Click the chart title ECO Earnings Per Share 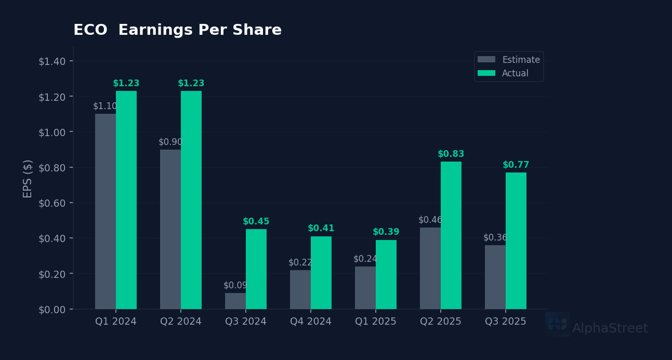pos(177,31)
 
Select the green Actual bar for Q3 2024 pos(256,269)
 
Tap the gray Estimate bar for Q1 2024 pos(106,211)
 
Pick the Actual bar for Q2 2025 pos(451,235)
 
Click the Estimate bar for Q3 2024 pos(235,301)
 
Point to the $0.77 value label pos(516,165)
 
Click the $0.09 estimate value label pos(235,285)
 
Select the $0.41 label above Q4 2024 pos(321,229)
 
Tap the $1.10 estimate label pos(105,106)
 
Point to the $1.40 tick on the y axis pos(52,61)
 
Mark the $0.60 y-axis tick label pos(52,203)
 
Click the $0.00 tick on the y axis pos(52,310)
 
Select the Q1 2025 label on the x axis pos(376,322)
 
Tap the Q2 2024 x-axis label pos(181,322)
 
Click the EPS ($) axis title pos(28,178)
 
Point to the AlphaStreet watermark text pos(610,328)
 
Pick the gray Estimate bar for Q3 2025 pos(495,277)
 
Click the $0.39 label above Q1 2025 pos(386,232)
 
